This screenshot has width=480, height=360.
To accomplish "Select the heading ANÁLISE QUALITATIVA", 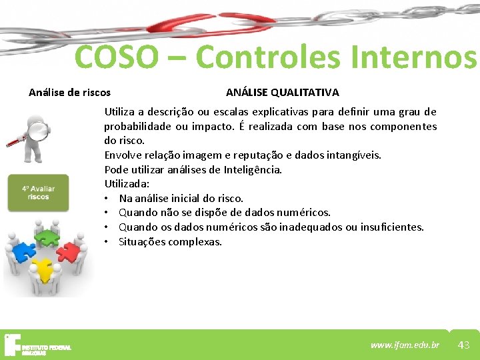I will [282, 93].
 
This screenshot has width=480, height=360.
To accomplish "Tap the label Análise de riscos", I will [69, 93].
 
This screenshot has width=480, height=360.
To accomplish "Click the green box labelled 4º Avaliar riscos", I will [39, 193].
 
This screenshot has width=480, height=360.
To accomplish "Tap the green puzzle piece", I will [47, 237].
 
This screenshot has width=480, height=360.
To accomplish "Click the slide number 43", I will [464, 345].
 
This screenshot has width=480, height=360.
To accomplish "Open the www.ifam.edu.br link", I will [405, 345].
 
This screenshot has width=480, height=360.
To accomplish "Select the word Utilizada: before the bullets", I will [127, 183].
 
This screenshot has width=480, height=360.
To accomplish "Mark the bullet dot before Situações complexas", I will [107, 241].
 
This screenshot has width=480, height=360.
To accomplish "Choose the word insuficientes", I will [391, 227].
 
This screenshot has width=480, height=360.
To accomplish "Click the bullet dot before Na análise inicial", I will [107, 198].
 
